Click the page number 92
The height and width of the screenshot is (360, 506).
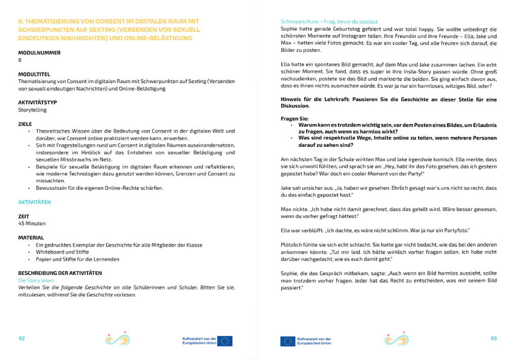22,338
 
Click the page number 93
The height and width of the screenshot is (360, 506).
493,338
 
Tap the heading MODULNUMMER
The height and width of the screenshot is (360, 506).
39,53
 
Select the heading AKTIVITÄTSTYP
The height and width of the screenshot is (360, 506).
37,102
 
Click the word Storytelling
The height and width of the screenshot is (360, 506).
32,110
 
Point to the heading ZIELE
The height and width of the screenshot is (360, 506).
25,124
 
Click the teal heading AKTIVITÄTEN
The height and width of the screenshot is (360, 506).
34,202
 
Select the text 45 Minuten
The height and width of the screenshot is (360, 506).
32,223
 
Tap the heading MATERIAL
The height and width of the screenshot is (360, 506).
31,237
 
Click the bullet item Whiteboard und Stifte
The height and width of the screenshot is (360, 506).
62,252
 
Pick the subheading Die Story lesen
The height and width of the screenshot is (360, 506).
36,280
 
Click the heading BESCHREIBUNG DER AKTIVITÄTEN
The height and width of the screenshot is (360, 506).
60,273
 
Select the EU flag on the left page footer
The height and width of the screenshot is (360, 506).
225,341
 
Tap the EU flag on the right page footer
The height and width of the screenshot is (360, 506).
288,341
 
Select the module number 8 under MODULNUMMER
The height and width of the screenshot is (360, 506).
20,60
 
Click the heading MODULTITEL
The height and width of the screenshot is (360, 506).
34,74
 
